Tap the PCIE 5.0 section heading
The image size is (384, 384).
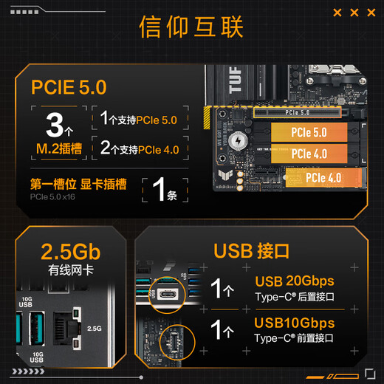pyautogui.click(x=69, y=87)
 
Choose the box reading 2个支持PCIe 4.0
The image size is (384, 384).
pyautogui.click(x=140, y=149)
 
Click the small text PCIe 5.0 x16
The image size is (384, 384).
pyautogui.click(x=52, y=197)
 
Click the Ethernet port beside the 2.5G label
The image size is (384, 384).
pyautogui.click(x=69, y=326)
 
